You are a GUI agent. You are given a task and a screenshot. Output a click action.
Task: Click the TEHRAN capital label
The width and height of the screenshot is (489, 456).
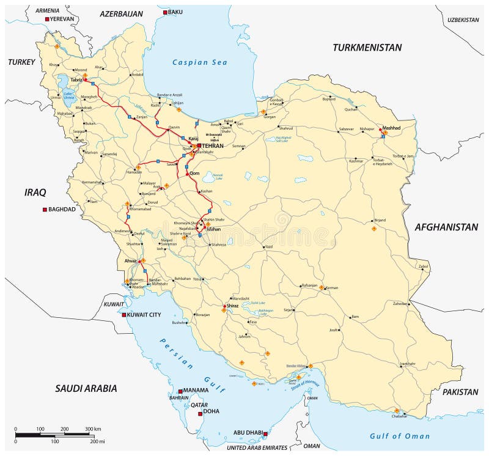(213, 145)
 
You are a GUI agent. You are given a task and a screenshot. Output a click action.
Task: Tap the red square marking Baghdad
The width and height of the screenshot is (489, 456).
(45, 210)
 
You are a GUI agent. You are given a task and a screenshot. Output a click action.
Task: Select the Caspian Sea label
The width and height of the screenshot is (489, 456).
(199, 62)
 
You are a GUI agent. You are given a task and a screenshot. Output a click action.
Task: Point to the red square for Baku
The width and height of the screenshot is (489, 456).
(164, 12)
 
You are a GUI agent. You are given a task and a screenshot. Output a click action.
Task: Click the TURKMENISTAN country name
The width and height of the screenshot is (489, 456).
(367, 47)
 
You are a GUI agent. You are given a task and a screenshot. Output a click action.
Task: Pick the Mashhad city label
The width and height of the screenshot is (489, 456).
(391, 128)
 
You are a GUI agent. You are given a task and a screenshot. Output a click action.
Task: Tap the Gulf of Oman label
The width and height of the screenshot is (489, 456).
(400, 436)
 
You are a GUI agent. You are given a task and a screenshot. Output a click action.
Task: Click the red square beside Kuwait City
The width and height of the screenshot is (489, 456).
(124, 315)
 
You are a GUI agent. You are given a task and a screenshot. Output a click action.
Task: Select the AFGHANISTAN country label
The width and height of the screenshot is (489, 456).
(446, 227)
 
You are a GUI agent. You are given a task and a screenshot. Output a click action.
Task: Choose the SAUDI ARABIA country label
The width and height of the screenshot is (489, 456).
(86, 388)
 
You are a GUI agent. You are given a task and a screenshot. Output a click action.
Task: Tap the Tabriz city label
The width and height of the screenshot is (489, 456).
(76, 79)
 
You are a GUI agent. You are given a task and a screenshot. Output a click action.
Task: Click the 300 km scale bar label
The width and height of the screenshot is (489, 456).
(93, 429)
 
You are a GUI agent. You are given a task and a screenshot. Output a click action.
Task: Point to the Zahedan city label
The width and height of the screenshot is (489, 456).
(400, 304)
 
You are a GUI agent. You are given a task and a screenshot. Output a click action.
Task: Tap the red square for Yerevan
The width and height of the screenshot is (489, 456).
(47, 20)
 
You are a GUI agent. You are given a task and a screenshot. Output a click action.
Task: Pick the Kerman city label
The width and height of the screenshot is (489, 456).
(332, 287)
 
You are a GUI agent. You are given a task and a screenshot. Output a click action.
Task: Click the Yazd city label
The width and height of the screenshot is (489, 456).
(268, 247)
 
